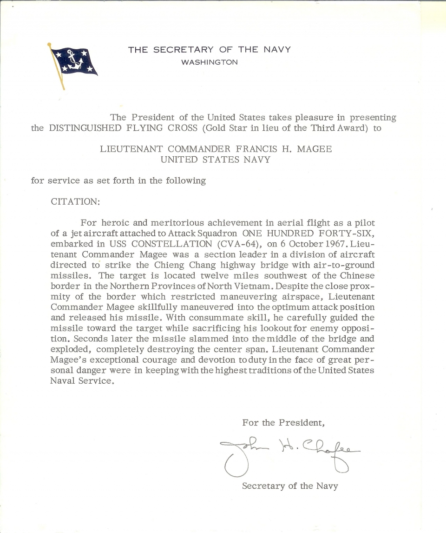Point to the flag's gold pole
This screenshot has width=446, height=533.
[x=56, y=67]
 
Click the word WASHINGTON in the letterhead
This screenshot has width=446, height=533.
[x=210, y=62]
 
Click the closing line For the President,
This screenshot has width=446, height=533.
[x=282, y=423]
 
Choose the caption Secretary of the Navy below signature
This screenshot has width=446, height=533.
[x=290, y=486]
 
